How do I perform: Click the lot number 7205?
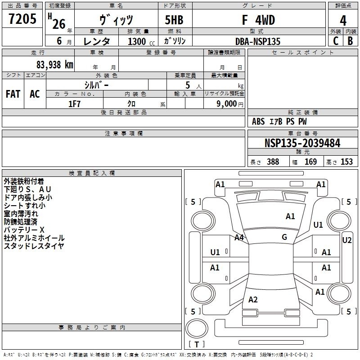[22, 19]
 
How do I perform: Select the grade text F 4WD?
[258, 20]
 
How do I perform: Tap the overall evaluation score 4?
[343, 20]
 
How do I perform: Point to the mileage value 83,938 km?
[55, 65]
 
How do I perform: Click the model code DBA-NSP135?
[258, 41]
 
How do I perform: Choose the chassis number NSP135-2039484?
[302, 143]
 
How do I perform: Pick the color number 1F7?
[74, 104]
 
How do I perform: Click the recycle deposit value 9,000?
[227, 104]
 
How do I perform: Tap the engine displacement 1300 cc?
[141, 41]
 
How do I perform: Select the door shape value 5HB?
[174, 20]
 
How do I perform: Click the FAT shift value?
[13, 94]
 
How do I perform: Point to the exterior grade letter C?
[336, 41]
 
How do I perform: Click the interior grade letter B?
[350, 41]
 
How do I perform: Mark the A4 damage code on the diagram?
[239, 238]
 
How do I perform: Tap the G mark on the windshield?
[284, 237]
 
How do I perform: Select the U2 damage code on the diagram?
[346, 240]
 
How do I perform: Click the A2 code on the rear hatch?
[253, 299]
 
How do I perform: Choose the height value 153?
[346, 162]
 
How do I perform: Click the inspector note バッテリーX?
[24, 230]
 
